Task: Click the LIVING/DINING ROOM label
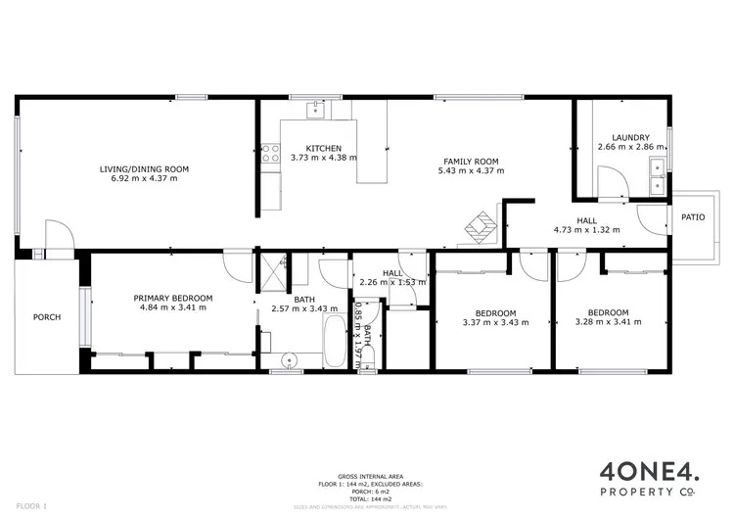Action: [x=144, y=169]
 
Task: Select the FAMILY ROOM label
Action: [x=471, y=162]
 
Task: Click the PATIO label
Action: [x=694, y=217]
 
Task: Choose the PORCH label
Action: [x=46, y=316]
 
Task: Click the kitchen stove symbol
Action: [x=269, y=156]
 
